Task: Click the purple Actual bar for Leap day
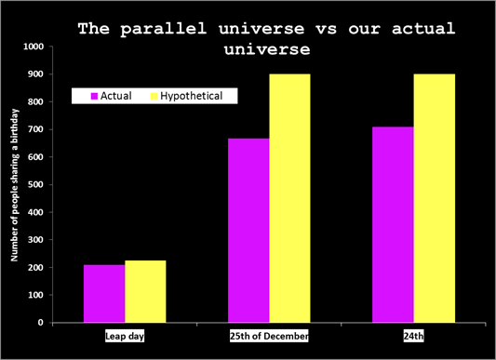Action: (x=104, y=293)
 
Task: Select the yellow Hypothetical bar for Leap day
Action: (x=145, y=291)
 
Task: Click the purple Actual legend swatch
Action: (x=94, y=96)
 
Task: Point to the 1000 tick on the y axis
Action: (x=34, y=47)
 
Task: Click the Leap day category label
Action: (x=125, y=335)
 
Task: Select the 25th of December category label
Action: (x=269, y=335)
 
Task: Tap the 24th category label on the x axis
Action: (x=414, y=335)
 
